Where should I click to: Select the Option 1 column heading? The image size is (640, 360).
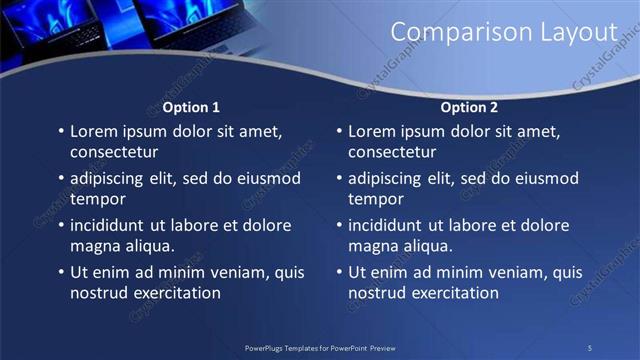pos(191,107)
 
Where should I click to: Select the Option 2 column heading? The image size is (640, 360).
pos(469,107)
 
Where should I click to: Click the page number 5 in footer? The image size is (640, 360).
pos(590,347)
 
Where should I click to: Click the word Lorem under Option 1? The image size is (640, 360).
pos(95,131)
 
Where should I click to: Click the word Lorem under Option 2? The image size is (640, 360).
pos(373,131)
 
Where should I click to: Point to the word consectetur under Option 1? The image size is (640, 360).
pos(114,152)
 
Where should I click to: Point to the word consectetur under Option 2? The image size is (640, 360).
pos(392,152)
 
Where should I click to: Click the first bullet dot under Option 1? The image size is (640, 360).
pos(60,131)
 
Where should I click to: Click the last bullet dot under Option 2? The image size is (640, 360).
pos(338,272)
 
